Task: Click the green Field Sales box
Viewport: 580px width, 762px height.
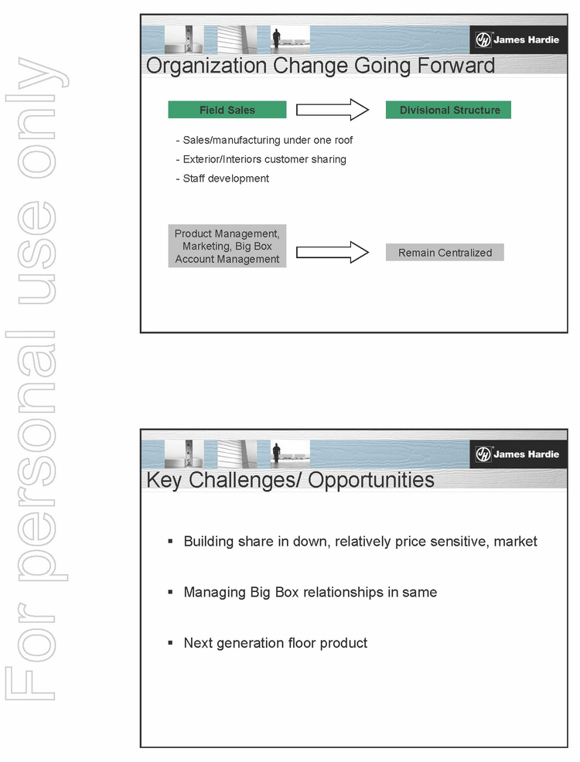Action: [x=227, y=110]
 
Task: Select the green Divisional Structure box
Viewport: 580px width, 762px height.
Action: [x=449, y=110]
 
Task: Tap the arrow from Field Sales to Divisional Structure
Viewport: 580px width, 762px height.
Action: [x=333, y=110]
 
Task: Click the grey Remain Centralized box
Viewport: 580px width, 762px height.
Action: [x=445, y=252]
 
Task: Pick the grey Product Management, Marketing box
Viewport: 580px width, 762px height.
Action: [x=227, y=247]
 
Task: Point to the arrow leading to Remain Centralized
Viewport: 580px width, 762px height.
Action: [x=333, y=252]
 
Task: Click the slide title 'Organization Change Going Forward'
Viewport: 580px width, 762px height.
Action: [x=320, y=65]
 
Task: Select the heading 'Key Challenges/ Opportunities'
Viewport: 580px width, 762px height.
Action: [x=290, y=479]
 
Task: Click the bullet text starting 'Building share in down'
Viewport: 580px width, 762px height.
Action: [x=360, y=541]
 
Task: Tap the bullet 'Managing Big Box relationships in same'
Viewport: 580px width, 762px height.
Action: [x=309, y=592]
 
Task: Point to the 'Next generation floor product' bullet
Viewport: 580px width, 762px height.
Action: [x=275, y=642]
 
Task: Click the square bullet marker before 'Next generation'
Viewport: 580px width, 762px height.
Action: [x=170, y=642]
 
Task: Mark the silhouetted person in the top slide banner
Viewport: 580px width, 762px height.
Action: [x=276, y=39]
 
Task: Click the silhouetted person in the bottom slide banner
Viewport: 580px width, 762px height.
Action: [x=276, y=453]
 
